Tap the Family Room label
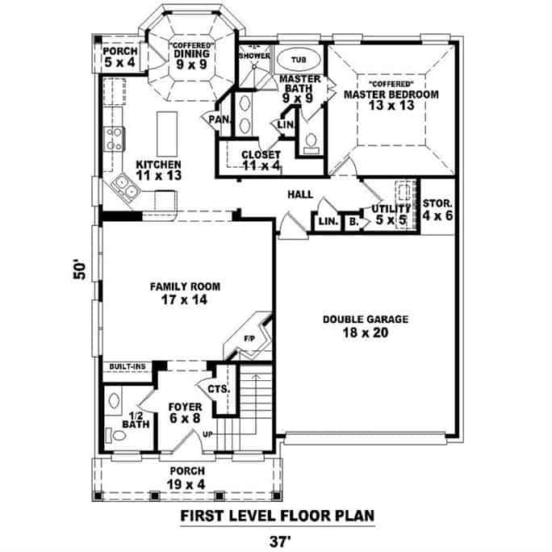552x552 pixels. pyautogui.click(x=185, y=292)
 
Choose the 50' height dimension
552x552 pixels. pyautogui.click(x=78, y=269)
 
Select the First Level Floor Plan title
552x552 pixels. pyautogui.click(x=277, y=514)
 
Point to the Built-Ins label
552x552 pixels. pyautogui.click(x=127, y=366)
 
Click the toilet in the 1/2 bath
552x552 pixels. pyautogui.click(x=119, y=436)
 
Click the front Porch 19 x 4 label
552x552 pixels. pyautogui.click(x=186, y=477)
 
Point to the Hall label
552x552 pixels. pyautogui.click(x=300, y=195)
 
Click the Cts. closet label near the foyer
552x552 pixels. pyautogui.click(x=220, y=389)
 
